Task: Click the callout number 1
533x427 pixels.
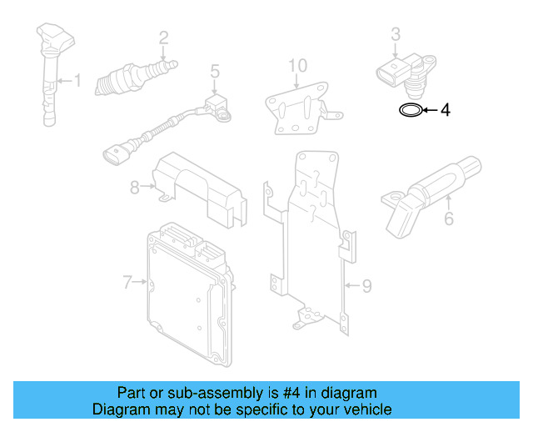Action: click(x=77, y=81)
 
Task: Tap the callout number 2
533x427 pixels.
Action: click(x=163, y=37)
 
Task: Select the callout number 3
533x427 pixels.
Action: click(x=396, y=33)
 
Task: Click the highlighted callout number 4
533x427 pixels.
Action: click(x=445, y=110)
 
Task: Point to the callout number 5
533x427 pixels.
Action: click(x=214, y=72)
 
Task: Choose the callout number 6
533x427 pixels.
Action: click(x=449, y=219)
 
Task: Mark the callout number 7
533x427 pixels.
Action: click(x=127, y=283)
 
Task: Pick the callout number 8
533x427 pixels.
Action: click(x=134, y=188)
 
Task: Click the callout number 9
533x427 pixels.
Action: click(x=366, y=286)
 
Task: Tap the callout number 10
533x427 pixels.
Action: click(x=297, y=65)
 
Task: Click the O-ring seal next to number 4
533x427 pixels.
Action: click(x=409, y=109)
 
